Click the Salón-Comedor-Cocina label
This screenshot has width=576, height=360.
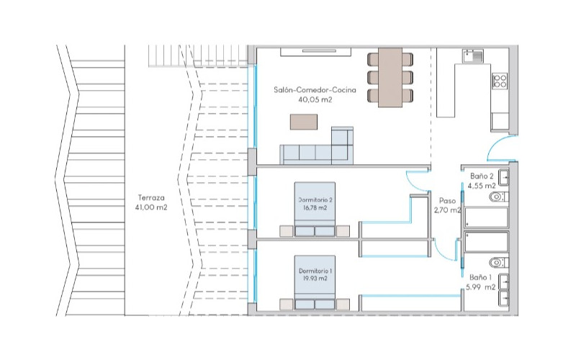tap(315, 89)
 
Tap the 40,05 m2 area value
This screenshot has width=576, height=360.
tap(315, 99)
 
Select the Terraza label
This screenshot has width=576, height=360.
tap(151, 197)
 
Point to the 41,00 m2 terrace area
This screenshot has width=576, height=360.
tap(151, 207)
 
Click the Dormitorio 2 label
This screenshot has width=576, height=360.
tap(315, 200)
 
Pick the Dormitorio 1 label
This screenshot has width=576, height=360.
tap(315, 271)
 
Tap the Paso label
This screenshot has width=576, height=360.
tap(447, 201)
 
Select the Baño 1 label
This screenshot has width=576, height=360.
tap(480, 277)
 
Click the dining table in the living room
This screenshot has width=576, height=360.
tap(390, 77)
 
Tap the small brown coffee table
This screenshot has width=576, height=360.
tap(304, 122)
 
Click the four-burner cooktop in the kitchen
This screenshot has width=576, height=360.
tap(500, 81)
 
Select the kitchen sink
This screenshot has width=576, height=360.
tap(473, 56)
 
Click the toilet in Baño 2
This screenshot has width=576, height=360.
tap(498, 197)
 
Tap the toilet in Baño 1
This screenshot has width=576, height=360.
tap(498, 263)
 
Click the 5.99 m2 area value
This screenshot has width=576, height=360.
tap(480, 287)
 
